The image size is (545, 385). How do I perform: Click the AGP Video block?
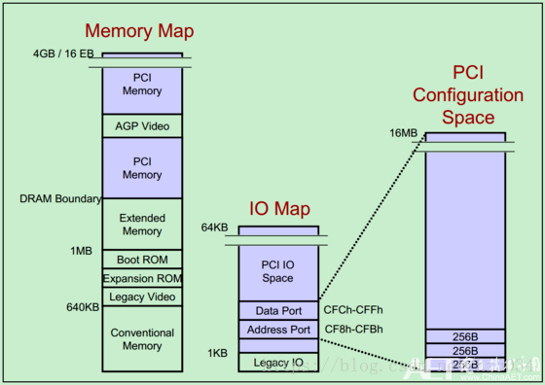142,125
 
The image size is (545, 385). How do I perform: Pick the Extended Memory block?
142,225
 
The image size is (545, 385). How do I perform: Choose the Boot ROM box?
142,261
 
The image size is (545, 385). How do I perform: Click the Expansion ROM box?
142,279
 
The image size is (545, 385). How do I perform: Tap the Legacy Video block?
142,297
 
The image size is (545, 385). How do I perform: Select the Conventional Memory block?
142,338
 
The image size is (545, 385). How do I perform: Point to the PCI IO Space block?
278,271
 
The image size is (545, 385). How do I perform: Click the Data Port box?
278,311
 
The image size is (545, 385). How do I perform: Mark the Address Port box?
278,330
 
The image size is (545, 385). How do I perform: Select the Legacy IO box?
278,363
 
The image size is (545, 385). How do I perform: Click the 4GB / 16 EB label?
65,54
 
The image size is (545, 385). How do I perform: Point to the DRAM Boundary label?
60,199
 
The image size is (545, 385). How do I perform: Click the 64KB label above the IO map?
215,227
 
